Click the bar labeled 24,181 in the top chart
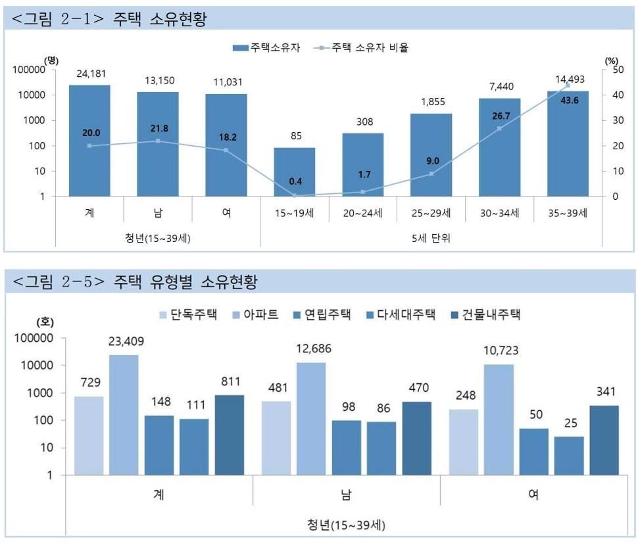[x=89, y=141]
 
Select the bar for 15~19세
[x=294, y=172]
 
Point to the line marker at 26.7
[x=499, y=128]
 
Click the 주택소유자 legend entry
[x=266, y=47]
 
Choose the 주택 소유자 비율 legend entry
[x=361, y=47]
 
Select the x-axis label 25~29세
[x=431, y=214]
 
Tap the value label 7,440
[x=499, y=86]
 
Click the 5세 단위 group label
[x=431, y=238]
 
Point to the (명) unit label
[x=51, y=60]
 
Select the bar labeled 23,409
[x=124, y=415]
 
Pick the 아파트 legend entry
[x=253, y=314]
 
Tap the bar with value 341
[x=604, y=440]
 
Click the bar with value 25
[x=569, y=456]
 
